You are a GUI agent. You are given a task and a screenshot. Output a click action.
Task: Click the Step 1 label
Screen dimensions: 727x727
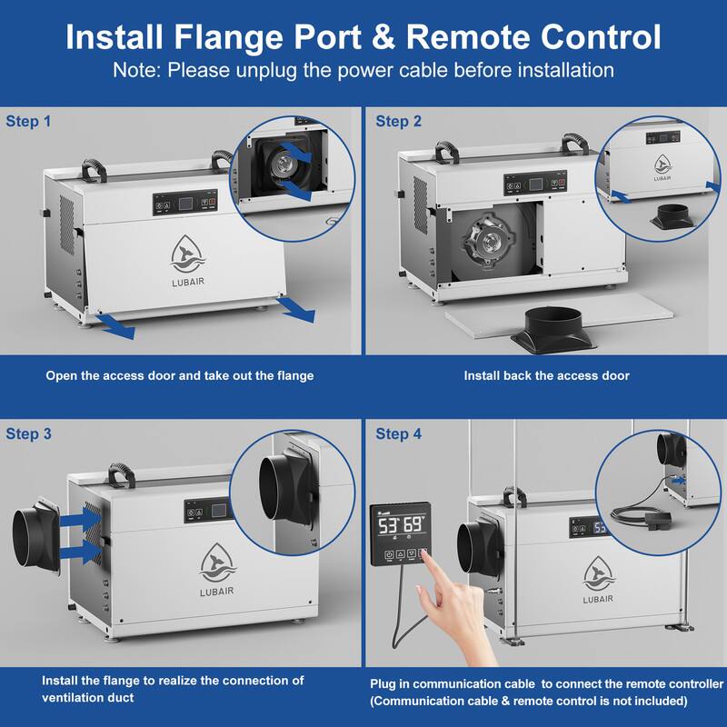point(28,121)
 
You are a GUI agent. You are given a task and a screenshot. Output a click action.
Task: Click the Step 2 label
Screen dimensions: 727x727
point(399,121)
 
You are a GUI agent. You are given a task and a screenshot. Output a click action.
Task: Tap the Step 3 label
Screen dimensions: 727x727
point(28,434)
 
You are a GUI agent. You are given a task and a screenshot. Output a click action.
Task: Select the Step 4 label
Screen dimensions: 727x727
point(399,434)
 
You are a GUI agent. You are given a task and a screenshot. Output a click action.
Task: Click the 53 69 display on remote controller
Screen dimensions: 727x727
point(401,525)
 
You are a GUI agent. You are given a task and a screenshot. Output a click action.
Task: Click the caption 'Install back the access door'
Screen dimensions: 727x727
point(546,375)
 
